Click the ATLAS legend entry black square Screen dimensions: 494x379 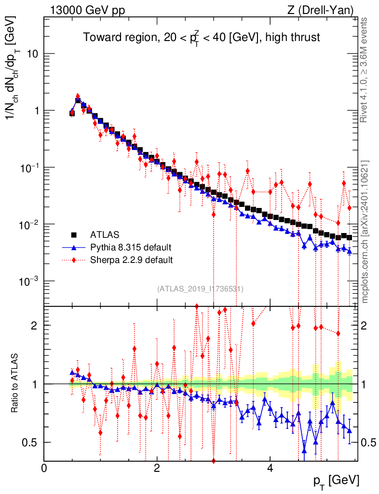[74, 235]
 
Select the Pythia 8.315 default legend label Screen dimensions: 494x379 [131, 247]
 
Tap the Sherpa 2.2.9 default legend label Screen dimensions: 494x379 [132, 260]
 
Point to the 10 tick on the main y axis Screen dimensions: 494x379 [33, 54]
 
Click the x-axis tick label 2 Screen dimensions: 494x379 [157, 467]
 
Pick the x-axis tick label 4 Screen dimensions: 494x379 [270, 467]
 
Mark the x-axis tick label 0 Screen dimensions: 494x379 [44, 467]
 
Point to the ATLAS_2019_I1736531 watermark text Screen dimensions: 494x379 [200, 289]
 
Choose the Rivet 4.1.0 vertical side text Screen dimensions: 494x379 [365, 69]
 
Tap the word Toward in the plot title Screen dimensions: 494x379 [99, 37]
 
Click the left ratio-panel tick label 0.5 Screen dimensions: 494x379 [33, 442]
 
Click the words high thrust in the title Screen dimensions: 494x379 [298, 37]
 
